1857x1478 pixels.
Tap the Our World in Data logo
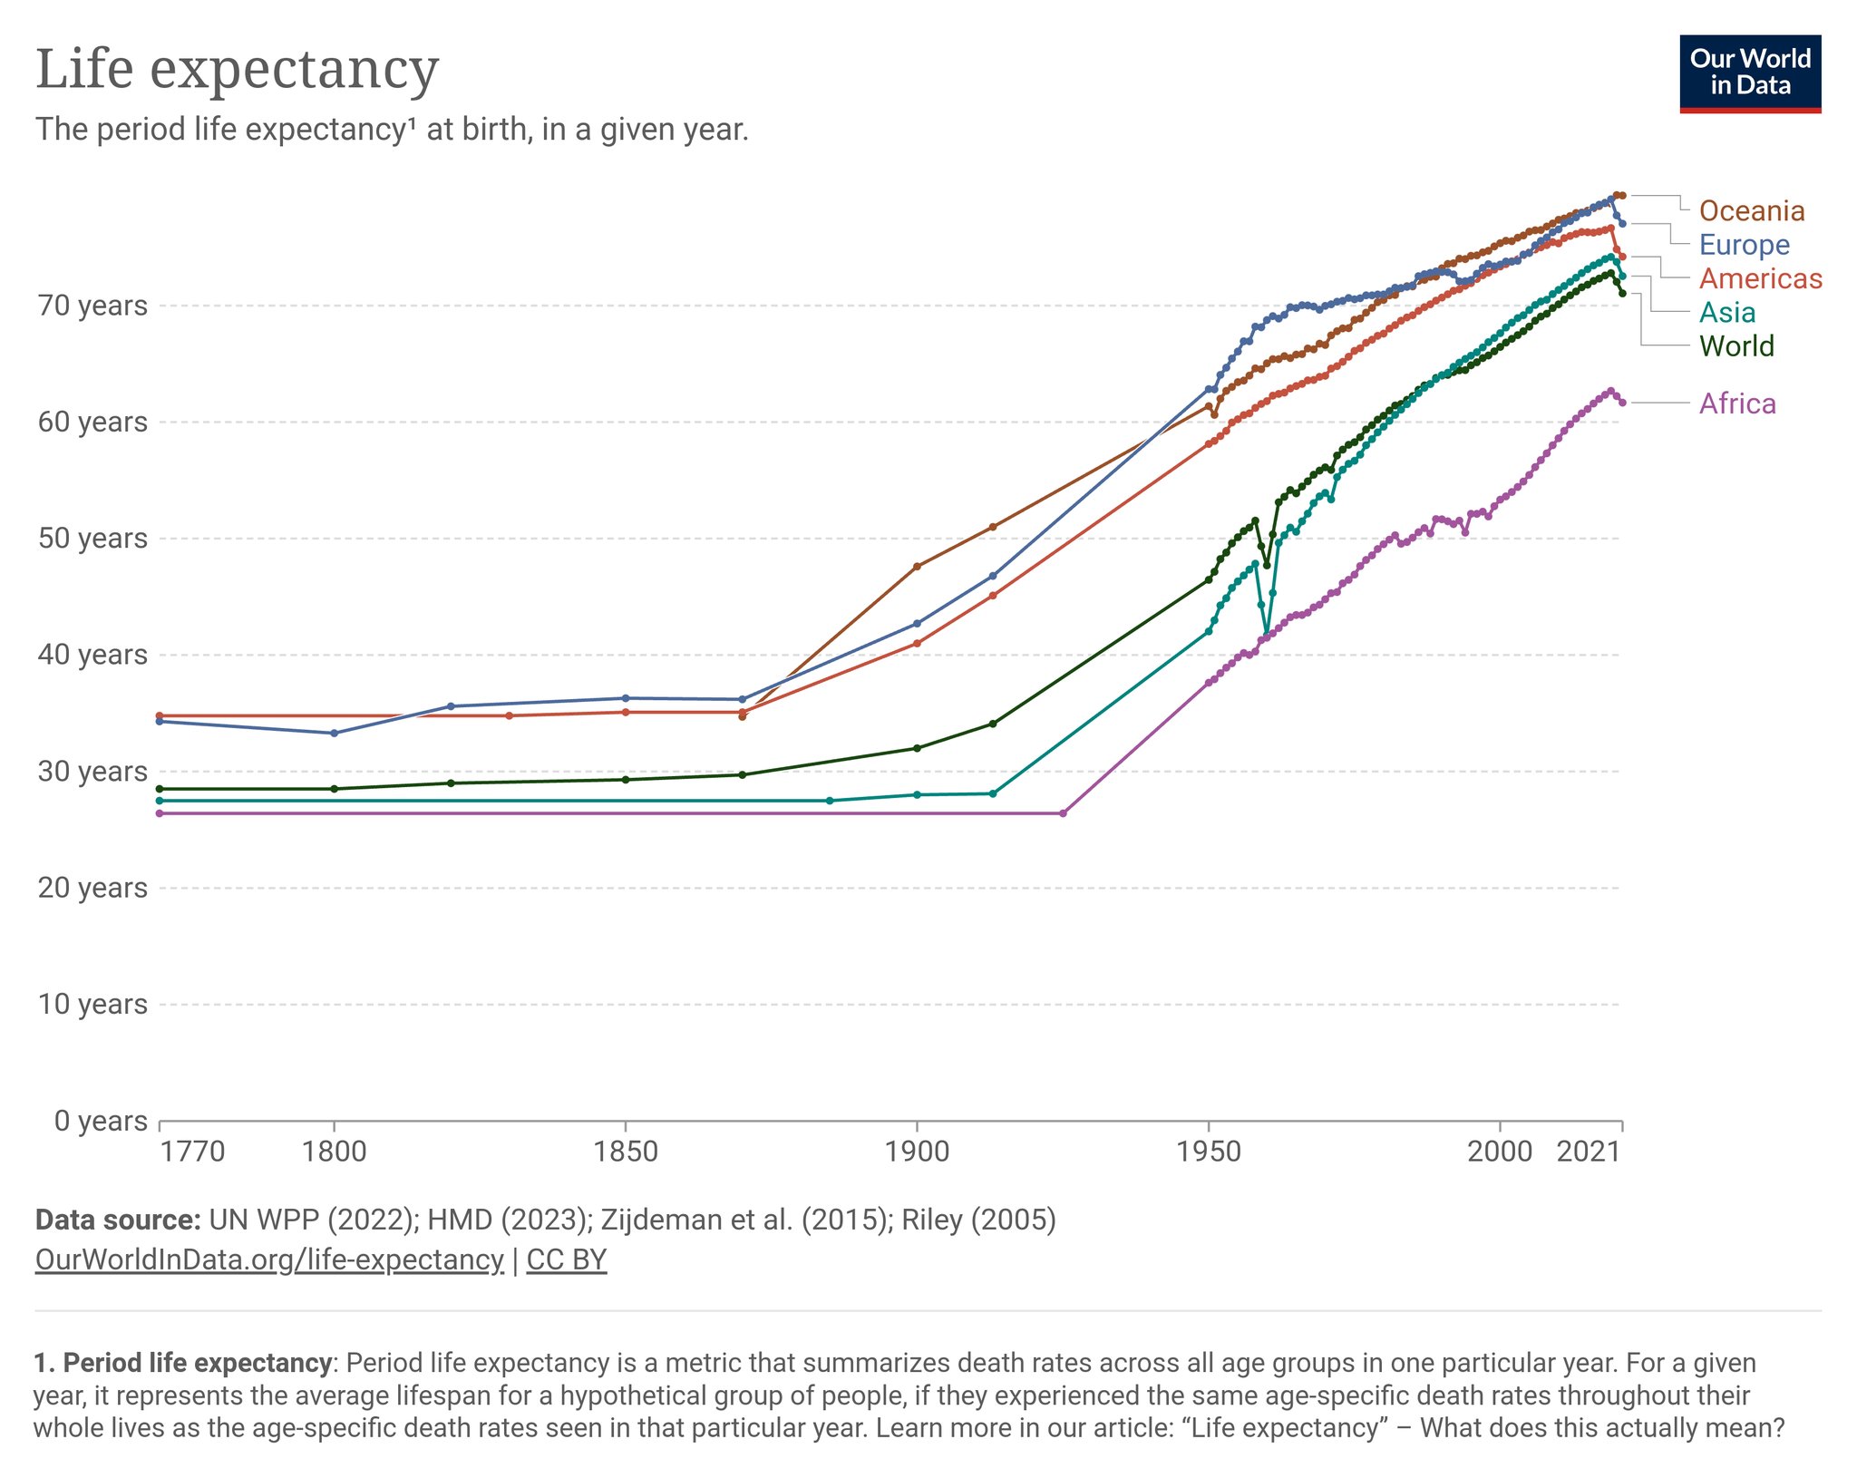pos(1749,73)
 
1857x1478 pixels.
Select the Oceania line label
pos(1751,210)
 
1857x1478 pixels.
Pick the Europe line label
pos(1744,245)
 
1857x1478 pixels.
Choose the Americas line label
pos(1760,278)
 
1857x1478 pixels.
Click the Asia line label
pos(1726,312)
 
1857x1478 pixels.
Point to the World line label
pos(1735,346)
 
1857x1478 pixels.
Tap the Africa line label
pos(1736,404)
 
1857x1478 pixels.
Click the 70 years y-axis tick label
pos(92,306)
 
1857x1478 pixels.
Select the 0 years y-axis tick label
pos(100,1121)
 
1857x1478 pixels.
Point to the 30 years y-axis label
pos(92,772)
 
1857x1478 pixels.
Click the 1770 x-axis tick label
pos(192,1152)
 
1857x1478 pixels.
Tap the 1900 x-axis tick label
pos(917,1152)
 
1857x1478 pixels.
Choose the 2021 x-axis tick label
pos(1588,1152)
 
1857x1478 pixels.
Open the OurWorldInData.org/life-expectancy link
pos(269,1259)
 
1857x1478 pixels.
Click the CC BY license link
pos(566,1259)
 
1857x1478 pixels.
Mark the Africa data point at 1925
pos(1063,813)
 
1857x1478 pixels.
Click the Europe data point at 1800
pos(335,733)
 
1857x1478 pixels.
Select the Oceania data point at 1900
pos(917,567)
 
